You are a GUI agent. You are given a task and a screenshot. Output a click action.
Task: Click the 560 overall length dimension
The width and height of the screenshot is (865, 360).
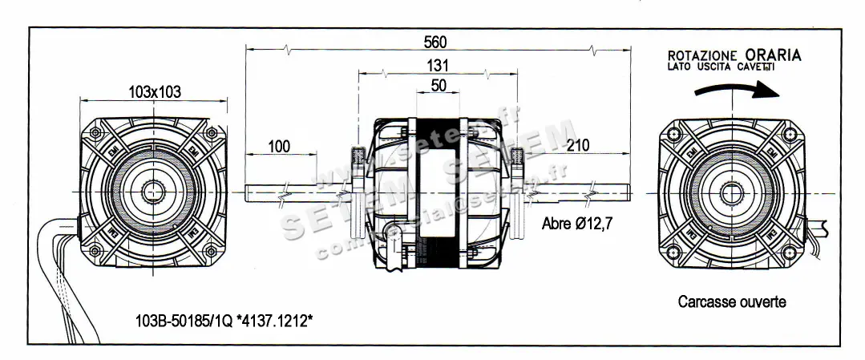(x=435, y=42)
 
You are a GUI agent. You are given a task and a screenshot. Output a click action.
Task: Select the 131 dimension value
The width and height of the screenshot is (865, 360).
(x=438, y=66)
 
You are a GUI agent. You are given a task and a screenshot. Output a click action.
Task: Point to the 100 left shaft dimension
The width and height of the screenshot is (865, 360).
(x=278, y=147)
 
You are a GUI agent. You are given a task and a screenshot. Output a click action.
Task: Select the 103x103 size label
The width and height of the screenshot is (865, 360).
(x=154, y=92)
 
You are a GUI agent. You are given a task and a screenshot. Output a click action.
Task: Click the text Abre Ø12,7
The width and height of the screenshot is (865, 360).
(x=577, y=224)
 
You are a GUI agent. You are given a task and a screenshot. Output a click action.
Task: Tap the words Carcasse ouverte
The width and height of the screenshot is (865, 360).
(x=731, y=302)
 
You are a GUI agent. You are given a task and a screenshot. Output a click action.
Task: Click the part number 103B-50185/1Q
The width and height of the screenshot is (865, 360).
(x=184, y=322)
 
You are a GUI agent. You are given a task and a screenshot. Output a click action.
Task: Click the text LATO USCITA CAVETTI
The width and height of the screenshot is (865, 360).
(x=721, y=69)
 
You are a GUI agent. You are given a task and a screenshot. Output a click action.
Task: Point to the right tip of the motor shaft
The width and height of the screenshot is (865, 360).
(x=629, y=193)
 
